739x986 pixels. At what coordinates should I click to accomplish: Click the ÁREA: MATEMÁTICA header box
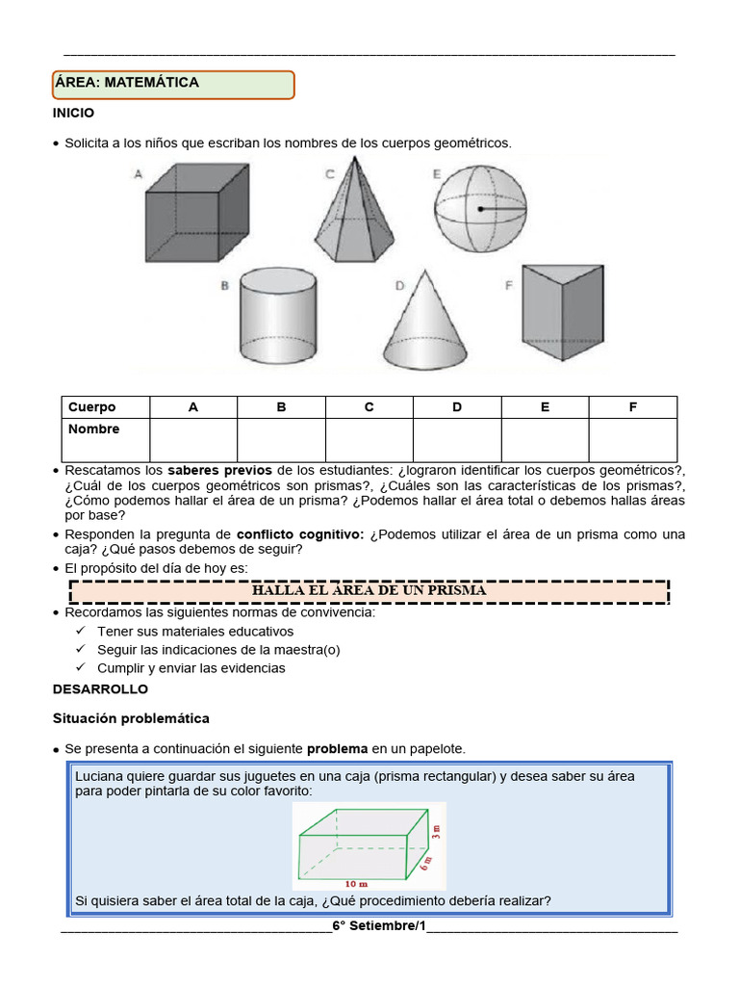tap(173, 84)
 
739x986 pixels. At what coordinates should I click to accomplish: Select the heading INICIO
tap(74, 113)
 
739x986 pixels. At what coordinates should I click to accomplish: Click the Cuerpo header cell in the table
tap(92, 407)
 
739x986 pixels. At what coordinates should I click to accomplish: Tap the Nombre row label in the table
tap(94, 429)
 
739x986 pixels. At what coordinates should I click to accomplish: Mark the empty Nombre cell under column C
tap(369, 440)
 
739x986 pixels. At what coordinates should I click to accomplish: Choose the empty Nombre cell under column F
tap(632, 440)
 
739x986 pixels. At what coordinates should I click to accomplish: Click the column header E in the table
tap(545, 407)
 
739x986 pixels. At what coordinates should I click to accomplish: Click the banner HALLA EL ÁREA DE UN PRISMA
tap(369, 590)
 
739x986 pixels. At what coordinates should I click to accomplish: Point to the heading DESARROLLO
tap(101, 689)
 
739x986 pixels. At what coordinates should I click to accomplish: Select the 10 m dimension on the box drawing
tap(356, 882)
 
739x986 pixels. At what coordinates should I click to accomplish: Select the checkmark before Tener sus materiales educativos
tap(81, 632)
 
